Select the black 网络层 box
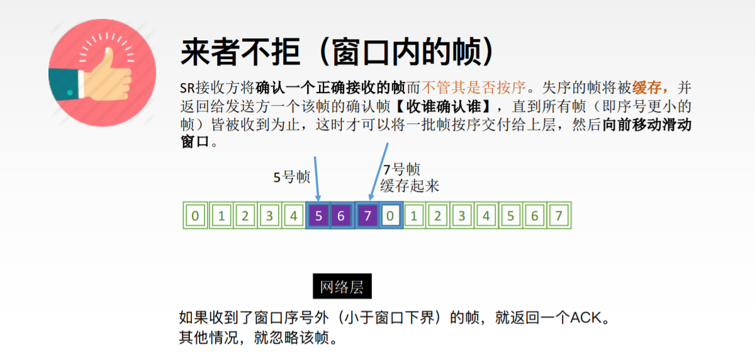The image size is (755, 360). pos(342,287)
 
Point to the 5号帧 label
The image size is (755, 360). pos(292,177)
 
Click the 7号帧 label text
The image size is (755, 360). pos(401,169)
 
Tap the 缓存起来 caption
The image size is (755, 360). pos(410,186)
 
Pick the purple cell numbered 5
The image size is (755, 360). pos(318,216)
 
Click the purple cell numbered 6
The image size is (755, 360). pos(341,216)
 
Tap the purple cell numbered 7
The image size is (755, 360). pos(367,216)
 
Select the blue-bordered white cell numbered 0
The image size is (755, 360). pos(390,216)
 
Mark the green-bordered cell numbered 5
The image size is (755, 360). pos(510,216)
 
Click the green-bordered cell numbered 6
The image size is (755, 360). pos(535,216)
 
